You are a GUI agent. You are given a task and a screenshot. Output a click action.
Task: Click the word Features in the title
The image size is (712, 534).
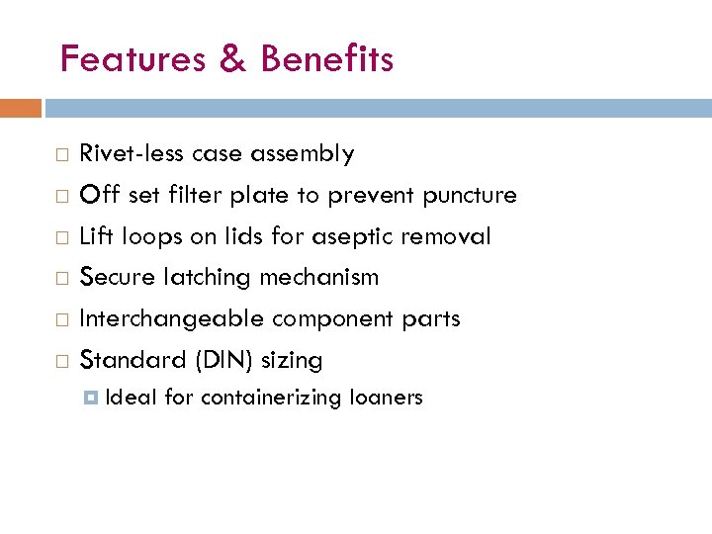[133, 59]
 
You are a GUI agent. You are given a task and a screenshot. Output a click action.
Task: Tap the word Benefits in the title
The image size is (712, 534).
[327, 59]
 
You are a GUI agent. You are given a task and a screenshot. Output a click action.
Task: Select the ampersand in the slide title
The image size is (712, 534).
[232, 59]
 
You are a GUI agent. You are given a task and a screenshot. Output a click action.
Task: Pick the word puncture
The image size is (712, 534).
[469, 195]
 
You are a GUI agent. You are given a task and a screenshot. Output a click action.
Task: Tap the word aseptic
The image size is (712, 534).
[374, 236]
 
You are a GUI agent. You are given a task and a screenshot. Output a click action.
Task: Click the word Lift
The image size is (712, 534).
[96, 236]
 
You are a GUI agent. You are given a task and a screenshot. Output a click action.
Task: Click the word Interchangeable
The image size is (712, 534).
[172, 318]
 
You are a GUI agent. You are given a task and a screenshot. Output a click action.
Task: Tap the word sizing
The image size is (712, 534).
[292, 360]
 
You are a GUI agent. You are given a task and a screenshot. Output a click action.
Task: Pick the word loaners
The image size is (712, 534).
[385, 398]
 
